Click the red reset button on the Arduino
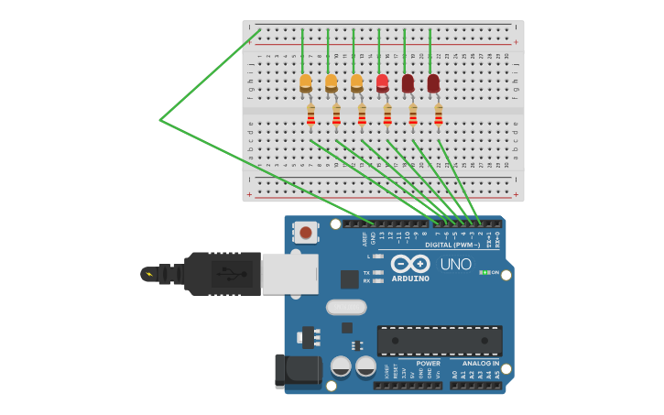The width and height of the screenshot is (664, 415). (305, 233)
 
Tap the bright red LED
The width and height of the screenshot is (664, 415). (382, 83)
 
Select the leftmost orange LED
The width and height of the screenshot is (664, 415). (306, 83)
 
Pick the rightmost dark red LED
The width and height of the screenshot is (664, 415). (433, 83)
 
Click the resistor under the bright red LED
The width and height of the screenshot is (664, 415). (387, 116)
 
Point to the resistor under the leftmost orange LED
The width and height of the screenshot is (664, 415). (311, 116)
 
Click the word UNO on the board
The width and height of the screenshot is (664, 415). (455, 265)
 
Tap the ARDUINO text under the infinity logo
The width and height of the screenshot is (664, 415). (410, 278)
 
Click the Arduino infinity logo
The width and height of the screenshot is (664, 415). (410, 264)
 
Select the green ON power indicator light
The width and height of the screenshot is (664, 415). (484, 272)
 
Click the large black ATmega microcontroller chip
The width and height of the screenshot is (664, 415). (440, 340)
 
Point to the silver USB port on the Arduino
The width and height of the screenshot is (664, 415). (289, 274)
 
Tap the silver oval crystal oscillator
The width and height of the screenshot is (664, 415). (346, 307)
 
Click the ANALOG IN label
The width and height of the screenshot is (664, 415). (481, 364)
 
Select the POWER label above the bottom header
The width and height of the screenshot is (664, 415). (428, 364)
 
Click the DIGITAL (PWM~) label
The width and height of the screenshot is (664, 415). (452, 245)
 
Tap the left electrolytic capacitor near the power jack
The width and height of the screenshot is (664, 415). (341, 366)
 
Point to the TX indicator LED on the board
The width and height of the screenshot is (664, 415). (377, 273)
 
